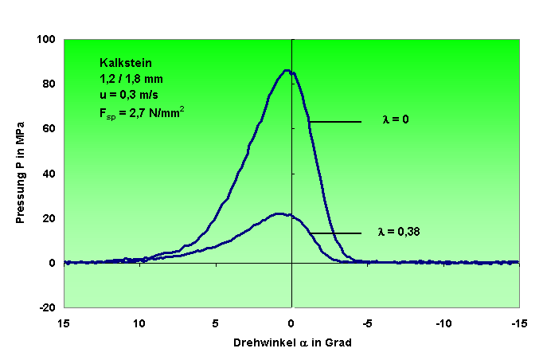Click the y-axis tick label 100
point(45,39)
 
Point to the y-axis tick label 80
point(47,84)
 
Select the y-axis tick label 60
point(47,128)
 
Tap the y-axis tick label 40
point(47,173)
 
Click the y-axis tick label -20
point(45,307)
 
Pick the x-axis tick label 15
point(64,324)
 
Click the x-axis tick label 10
point(139,324)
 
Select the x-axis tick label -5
point(366,324)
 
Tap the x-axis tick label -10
point(442,324)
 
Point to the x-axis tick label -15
point(518,324)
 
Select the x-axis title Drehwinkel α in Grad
point(292,343)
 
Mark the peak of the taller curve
point(287,70)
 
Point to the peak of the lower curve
point(278,213)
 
